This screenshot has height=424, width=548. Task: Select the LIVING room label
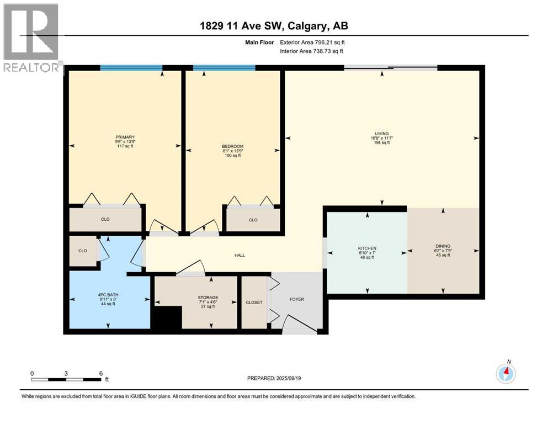tap(381, 133)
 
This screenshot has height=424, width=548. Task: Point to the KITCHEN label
tap(367, 248)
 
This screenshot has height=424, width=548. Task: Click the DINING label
tap(443, 246)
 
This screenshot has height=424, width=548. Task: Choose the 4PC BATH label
tap(108, 295)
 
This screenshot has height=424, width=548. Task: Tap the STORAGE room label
tap(208, 298)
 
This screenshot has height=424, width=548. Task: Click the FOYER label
tap(297, 299)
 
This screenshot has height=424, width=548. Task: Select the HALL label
tap(240, 255)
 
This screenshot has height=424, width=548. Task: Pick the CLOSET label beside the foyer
tap(254, 303)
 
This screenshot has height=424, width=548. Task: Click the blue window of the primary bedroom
tap(131, 68)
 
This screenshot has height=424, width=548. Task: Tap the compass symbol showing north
tap(506, 374)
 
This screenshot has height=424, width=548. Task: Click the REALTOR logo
tap(32, 39)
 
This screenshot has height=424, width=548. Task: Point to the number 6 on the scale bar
tap(100, 373)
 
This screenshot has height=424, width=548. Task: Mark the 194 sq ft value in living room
tap(381, 142)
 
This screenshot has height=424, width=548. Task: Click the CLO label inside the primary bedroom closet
tap(105, 219)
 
